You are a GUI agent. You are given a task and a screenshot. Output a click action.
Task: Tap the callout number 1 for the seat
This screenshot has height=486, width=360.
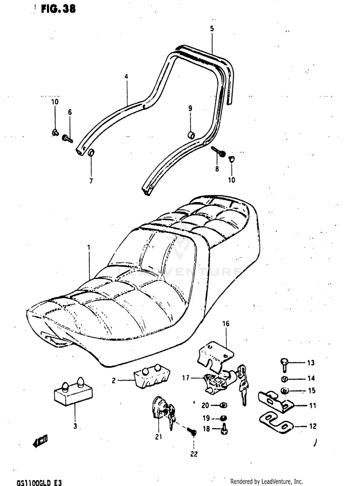[x=89, y=248]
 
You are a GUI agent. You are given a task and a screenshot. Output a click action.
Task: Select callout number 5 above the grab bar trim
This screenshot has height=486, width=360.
[x=212, y=29]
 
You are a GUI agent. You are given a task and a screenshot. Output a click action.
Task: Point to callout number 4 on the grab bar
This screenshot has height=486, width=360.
[x=126, y=76]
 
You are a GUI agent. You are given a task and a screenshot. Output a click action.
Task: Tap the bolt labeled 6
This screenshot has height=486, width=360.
[x=67, y=139]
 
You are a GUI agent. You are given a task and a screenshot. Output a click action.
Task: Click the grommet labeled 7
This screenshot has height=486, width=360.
[x=90, y=154]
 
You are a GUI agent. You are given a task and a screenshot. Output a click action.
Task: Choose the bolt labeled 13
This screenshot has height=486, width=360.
[x=284, y=365]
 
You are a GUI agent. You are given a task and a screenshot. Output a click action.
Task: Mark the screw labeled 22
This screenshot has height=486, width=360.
[x=193, y=432]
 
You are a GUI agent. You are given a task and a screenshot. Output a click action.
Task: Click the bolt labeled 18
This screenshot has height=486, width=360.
[x=224, y=429]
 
